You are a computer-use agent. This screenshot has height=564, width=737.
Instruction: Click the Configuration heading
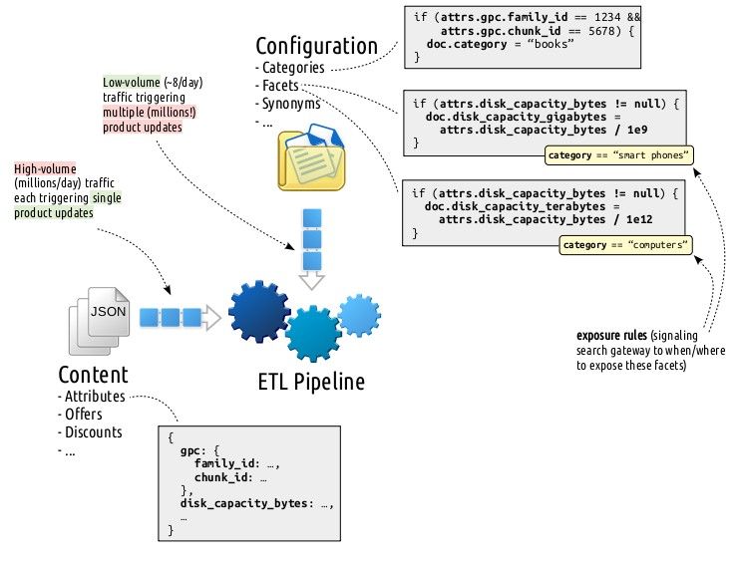click(316, 46)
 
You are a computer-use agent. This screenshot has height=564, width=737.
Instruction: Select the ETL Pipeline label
click(311, 383)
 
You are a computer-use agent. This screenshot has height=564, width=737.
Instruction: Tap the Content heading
click(93, 375)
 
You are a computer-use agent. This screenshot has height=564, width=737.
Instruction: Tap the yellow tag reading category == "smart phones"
click(619, 155)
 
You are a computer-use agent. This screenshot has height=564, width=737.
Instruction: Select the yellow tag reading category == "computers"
click(627, 245)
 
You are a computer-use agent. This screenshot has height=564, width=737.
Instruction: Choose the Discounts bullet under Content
click(93, 432)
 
